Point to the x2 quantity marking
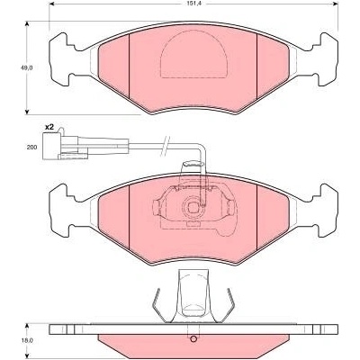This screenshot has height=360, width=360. [x=49, y=128]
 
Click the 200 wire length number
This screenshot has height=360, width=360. [x=32, y=148]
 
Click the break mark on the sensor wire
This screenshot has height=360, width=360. [x=166, y=146]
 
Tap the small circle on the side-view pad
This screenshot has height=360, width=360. [x=193, y=339]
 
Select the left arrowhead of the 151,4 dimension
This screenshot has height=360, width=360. [x=51, y=4]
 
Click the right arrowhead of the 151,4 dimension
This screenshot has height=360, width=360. [x=336, y=4]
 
